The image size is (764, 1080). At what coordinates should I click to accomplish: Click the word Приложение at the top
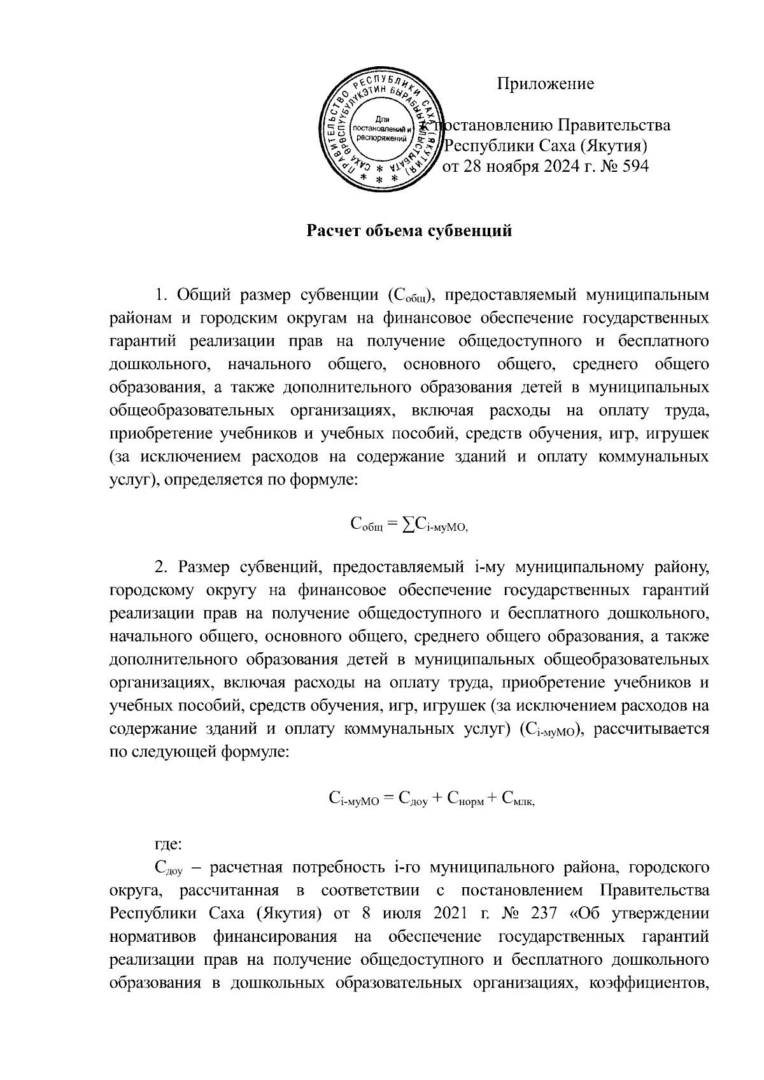(546, 83)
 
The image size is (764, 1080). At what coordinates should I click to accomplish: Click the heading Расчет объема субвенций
(410, 230)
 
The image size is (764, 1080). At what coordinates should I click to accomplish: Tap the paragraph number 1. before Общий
(162, 295)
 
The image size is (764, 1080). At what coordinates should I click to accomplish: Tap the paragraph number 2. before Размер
(162, 566)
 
